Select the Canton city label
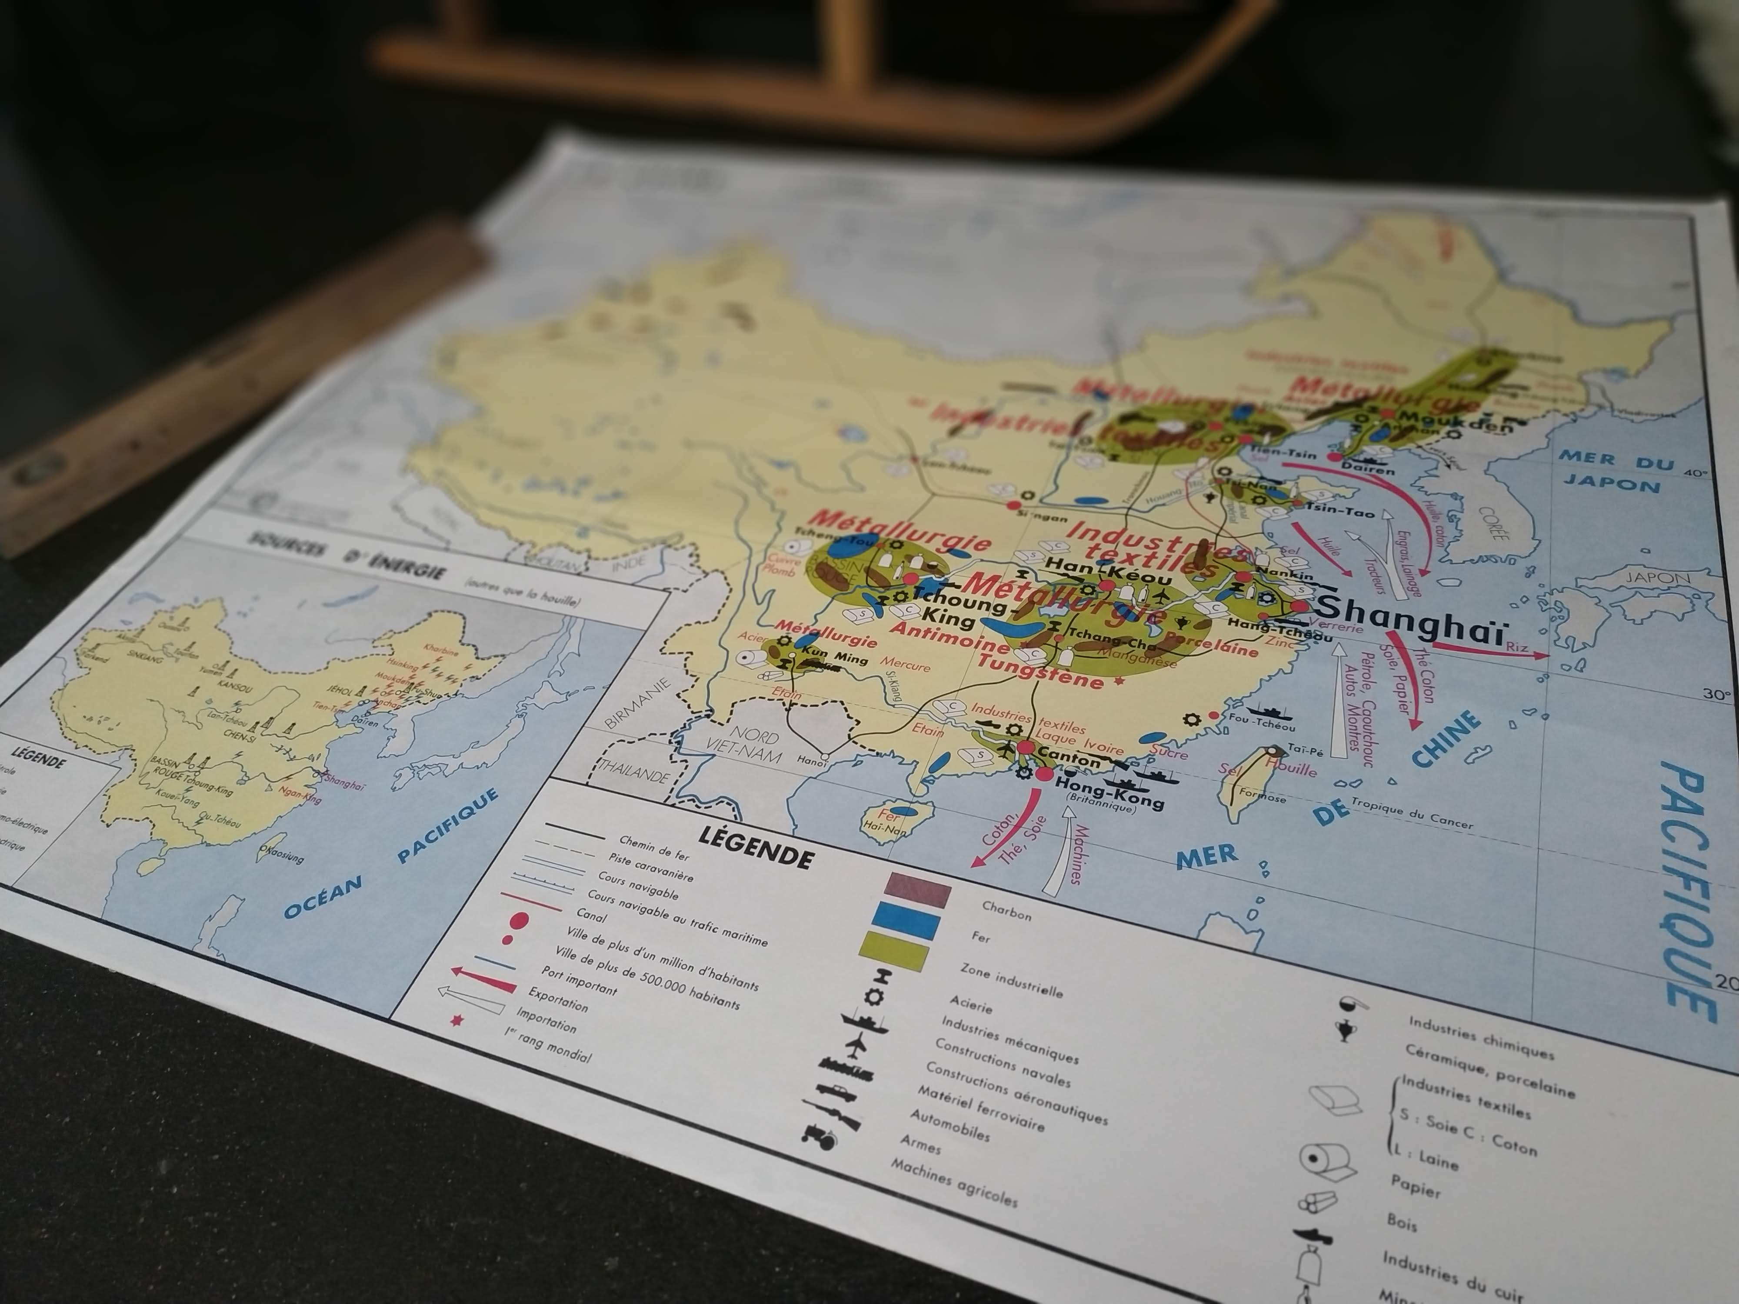click(1069, 758)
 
